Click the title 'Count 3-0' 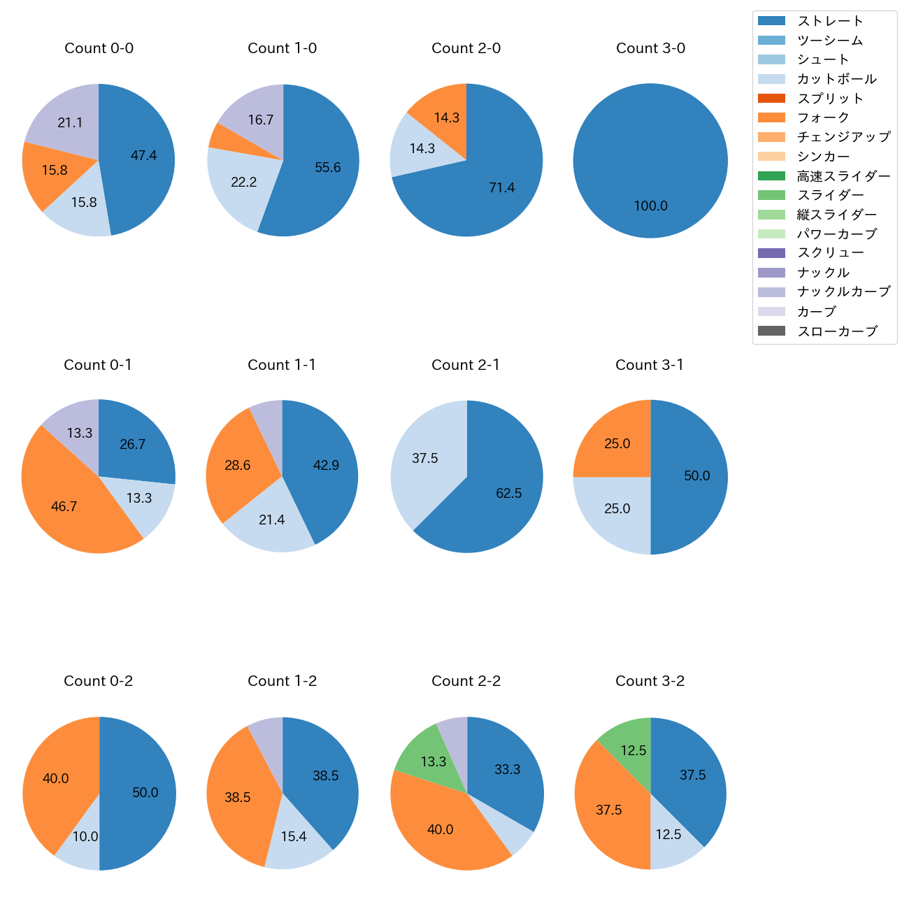(x=650, y=48)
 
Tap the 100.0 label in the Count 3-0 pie (x=650, y=206)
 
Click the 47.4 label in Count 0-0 (x=143, y=156)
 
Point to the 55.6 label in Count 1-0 (x=327, y=168)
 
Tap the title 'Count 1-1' (x=282, y=365)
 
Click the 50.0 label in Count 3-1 (x=696, y=476)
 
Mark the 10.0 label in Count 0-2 (x=85, y=837)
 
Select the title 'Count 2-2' (x=466, y=681)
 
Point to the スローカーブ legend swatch (x=771, y=331)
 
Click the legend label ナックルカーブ (x=843, y=292)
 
